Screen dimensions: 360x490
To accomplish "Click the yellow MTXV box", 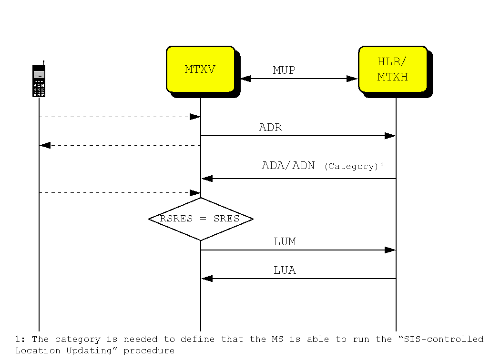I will [200, 69].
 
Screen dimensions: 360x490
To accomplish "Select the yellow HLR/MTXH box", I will [392, 69].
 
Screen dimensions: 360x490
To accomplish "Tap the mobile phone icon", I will [39, 81].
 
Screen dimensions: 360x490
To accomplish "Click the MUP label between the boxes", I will [284, 70].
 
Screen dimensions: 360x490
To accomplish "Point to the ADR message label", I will [270, 128].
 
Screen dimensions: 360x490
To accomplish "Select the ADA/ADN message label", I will [288, 166].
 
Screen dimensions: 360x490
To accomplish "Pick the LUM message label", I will [285, 242].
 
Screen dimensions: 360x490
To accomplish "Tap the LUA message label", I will [285, 270].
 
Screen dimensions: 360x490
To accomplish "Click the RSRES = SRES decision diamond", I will [201, 219].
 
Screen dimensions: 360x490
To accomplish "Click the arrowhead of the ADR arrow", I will [390, 136].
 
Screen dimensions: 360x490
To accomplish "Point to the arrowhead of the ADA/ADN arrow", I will [207, 179].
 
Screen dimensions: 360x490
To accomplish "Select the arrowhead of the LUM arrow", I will [390, 250].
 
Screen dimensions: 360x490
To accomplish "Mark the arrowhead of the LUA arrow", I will [207, 279].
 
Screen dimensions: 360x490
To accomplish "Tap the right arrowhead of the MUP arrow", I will [352, 79].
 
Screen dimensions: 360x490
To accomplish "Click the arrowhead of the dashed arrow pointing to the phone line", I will [45, 145].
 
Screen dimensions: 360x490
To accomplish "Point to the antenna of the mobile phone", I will [43, 62].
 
